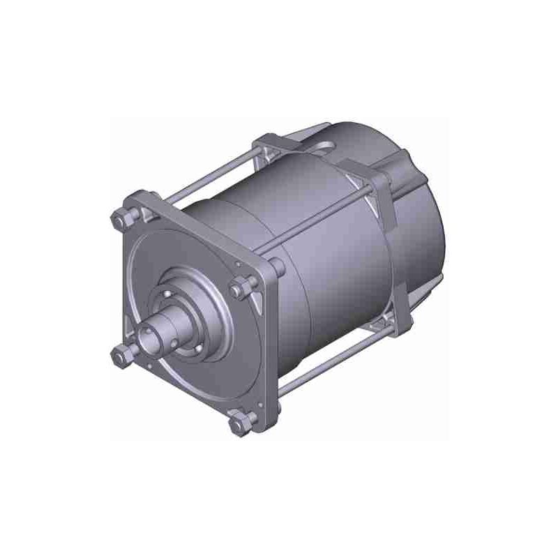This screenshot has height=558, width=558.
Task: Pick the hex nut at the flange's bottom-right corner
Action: [x=241, y=421]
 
